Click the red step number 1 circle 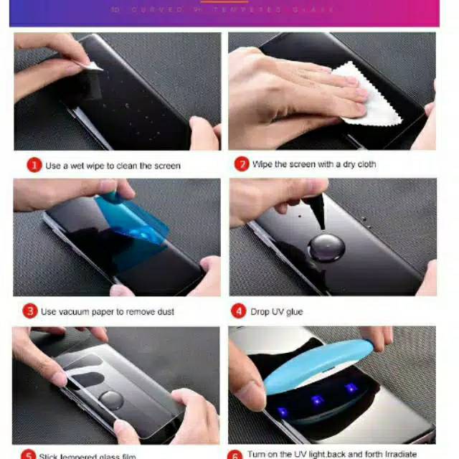(x=34, y=166)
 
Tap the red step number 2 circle (x=242, y=164)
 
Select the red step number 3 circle (x=29, y=311)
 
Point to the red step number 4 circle (x=239, y=311)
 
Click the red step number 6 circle (x=236, y=455)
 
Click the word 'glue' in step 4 (x=294, y=312)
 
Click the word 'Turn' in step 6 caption (x=259, y=454)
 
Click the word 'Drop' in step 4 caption (x=260, y=312)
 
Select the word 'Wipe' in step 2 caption (x=262, y=164)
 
